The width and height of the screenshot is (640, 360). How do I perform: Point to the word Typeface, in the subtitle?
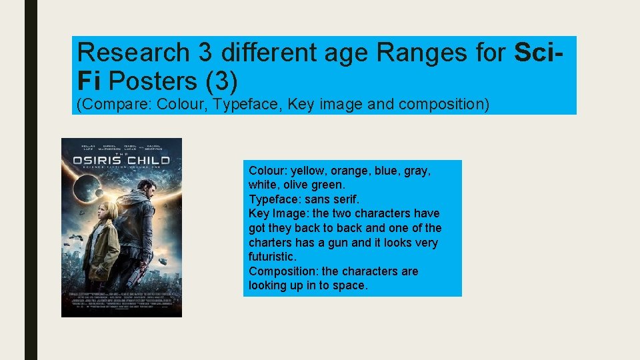[248, 105]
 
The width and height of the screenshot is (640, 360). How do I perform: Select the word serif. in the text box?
[345, 199]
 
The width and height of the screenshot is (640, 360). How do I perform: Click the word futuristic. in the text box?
[272, 257]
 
